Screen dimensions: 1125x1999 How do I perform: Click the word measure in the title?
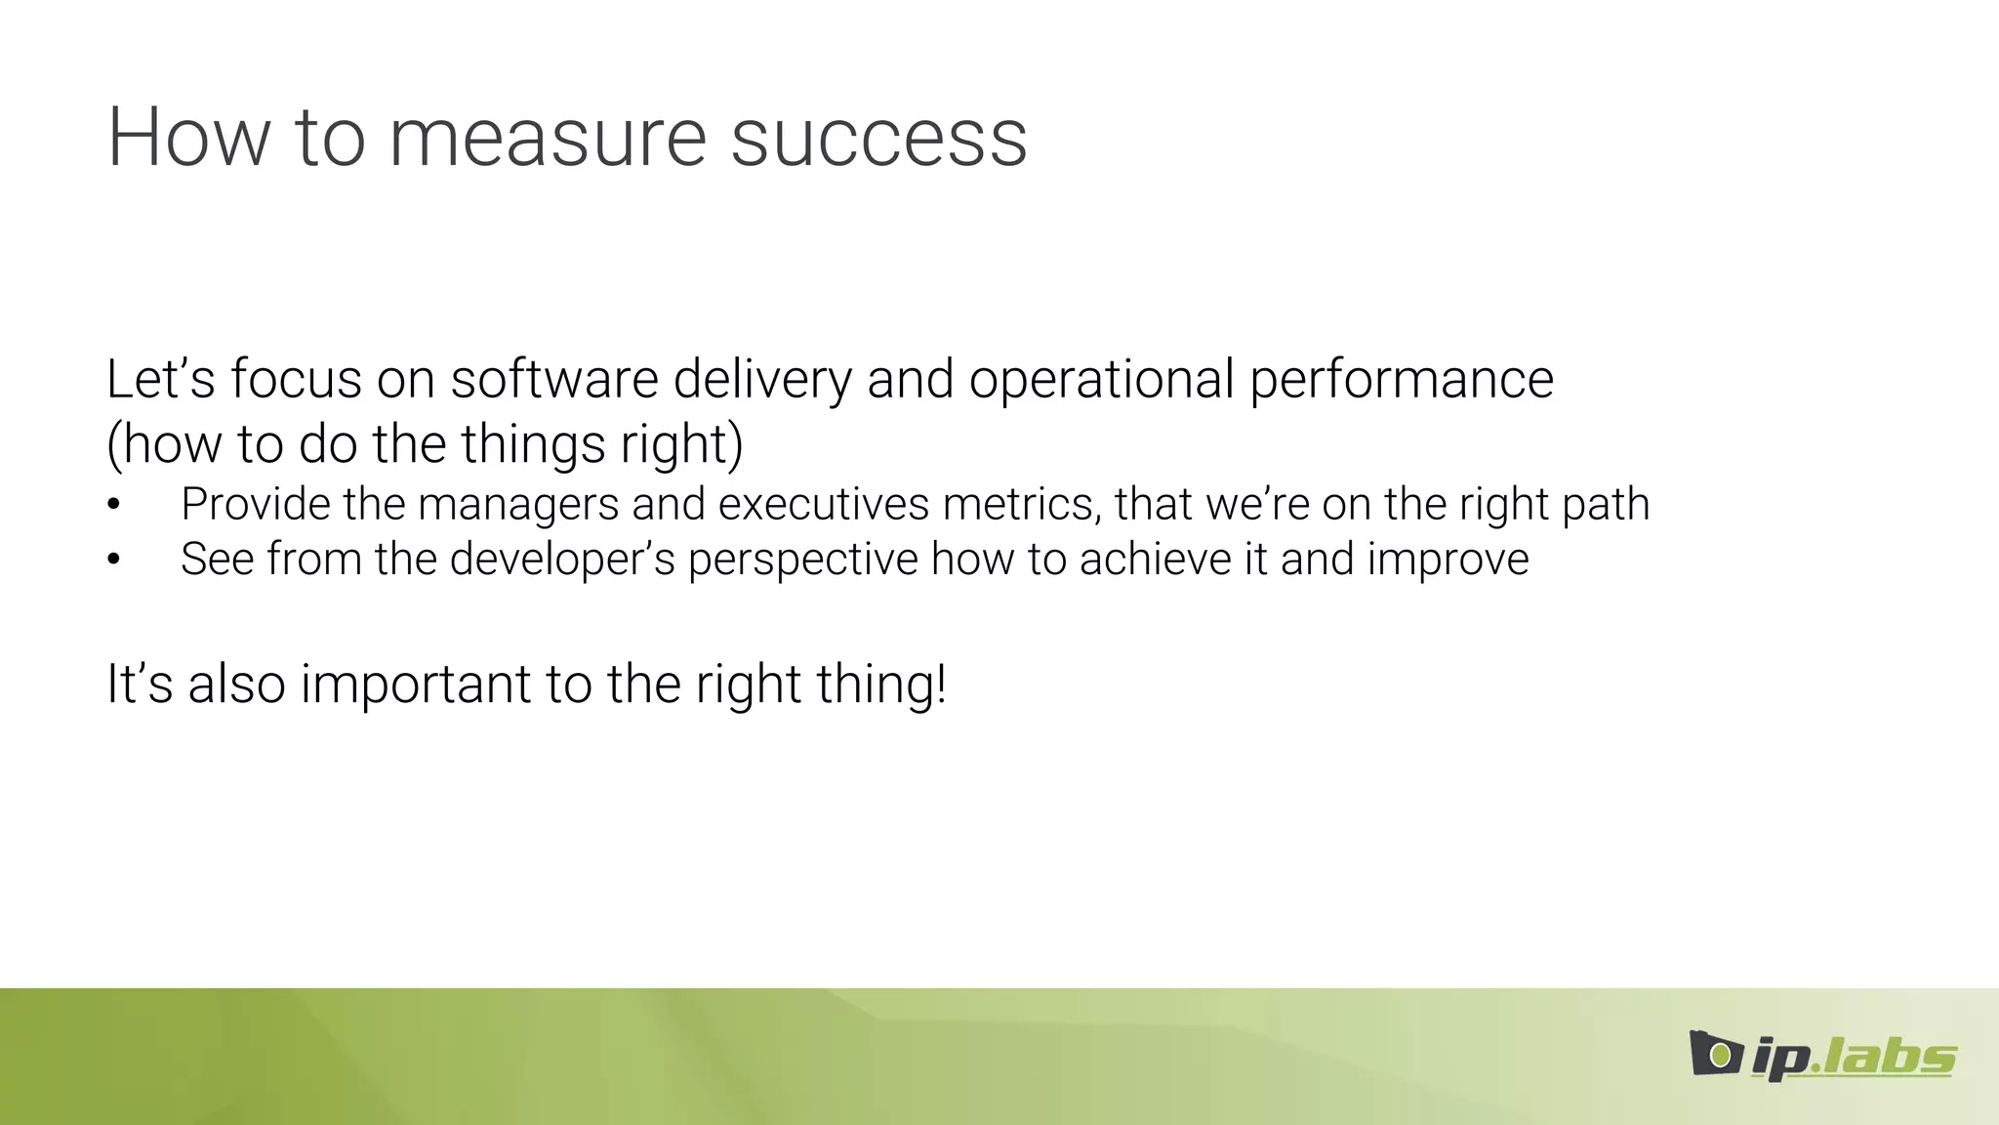tap(547, 138)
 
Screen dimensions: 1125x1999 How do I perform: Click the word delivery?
tap(762, 381)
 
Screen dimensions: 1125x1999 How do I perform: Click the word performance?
tap(1402, 381)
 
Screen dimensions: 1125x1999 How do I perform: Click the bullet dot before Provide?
tap(114, 505)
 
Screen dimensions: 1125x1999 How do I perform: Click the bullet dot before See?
tap(114, 560)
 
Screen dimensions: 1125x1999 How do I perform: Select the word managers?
tap(518, 506)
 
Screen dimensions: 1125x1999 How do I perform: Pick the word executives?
tap(824, 505)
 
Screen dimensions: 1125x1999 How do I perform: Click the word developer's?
tap(562, 561)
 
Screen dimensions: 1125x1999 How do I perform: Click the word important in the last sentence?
tap(415, 685)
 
